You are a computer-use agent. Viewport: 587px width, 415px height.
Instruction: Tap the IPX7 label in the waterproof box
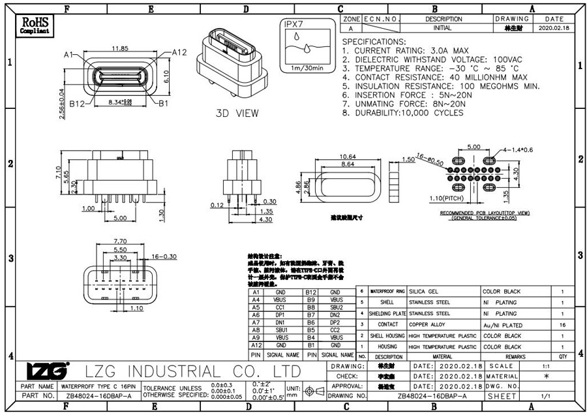[294, 23]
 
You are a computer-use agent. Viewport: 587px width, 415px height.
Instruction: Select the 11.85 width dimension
[119, 49]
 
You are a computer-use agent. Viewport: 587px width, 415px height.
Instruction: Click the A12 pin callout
[180, 52]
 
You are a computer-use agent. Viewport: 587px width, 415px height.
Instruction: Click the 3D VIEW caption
[237, 113]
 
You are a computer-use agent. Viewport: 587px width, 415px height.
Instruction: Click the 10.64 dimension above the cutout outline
[348, 157]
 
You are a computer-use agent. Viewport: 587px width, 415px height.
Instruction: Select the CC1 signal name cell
[280, 307]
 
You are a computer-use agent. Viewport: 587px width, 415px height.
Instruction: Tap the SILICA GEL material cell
[424, 291]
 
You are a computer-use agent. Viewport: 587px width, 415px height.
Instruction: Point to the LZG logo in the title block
[47, 371]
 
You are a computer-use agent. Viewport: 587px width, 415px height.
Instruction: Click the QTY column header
[562, 357]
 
